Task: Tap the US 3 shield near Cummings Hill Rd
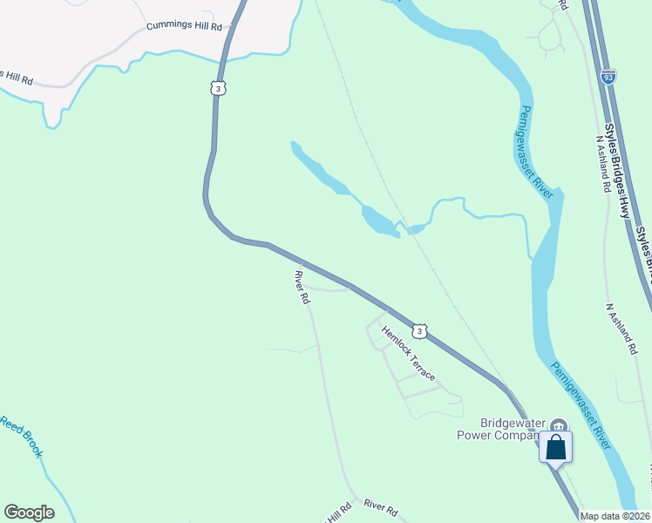pyautogui.click(x=218, y=88)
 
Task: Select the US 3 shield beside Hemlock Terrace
pyautogui.click(x=420, y=331)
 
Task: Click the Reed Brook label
pyautogui.click(x=21, y=436)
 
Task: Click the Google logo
pyautogui.click(x=29, y=513)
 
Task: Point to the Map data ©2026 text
pyautogui.click(x=615, y=516)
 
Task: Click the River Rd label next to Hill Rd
pyautogui.click(x=380, y=506)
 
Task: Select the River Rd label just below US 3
pyautogui.click(x=302, y=287)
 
